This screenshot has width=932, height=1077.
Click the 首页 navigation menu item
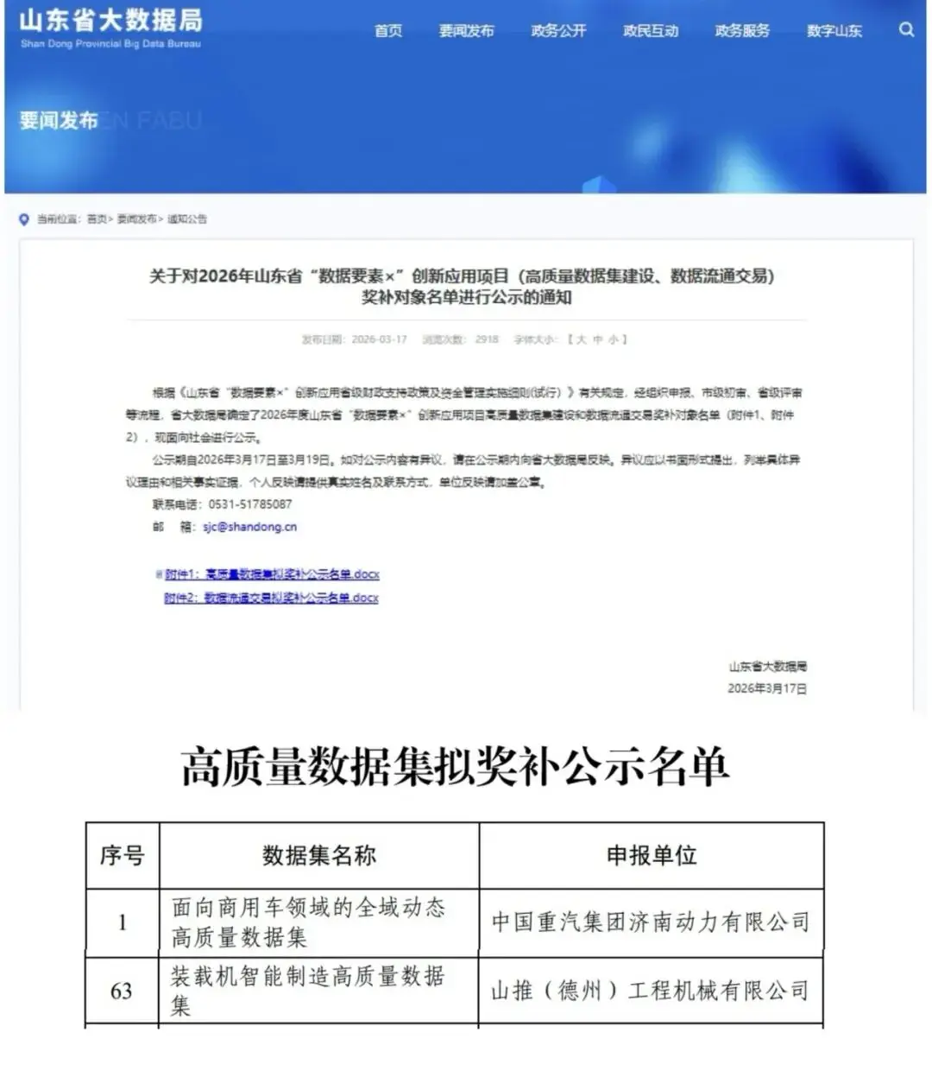point(388,31)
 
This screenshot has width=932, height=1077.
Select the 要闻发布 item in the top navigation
point(466,31)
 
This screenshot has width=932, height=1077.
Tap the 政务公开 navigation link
point(558,31)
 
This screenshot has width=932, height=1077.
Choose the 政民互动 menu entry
point(651,31)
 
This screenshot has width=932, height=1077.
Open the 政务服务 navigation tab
point(742,31)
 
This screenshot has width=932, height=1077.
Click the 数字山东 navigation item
point(834,31)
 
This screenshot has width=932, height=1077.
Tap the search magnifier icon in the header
point(906,29)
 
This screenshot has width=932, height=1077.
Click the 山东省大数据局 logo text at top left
point(110,21)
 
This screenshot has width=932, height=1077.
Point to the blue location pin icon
point(24,219)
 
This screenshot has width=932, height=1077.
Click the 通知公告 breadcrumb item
point(187,219)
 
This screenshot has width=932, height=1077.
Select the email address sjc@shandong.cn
point(249,527)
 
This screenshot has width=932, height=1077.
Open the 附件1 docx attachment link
point(272,574)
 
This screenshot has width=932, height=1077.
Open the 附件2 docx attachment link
point(271,598)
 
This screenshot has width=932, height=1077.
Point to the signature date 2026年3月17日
point(767,688)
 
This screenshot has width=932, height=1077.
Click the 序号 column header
point(122,856)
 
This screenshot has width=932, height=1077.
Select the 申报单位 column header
point(651,856)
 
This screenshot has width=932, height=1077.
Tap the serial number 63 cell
point(122,991)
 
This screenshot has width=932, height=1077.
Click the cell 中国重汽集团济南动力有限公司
point(651,922)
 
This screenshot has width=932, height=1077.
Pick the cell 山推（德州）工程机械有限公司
point(650,991)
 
